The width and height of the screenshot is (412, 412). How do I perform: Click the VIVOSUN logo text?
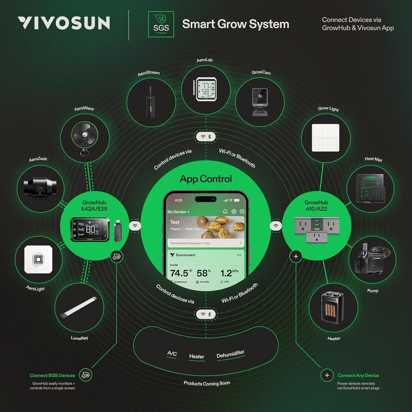tap(64, 23)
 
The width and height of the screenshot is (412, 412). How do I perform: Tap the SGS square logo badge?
tap(161, 24)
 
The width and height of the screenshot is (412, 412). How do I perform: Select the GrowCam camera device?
tap(260, 102)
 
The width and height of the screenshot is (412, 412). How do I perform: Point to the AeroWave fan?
tap(85, 136)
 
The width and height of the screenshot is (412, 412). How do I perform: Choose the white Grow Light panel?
tap(325, 138)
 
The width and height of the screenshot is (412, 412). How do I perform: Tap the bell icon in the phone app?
tap(225, 211)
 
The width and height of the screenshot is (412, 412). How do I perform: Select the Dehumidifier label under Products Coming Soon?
tap(230, 354)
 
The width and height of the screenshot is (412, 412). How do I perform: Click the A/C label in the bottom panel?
tap(172, 353)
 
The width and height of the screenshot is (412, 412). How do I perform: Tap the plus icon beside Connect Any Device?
tap(327, 375)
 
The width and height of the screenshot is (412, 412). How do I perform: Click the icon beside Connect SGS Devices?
tap(86, 375)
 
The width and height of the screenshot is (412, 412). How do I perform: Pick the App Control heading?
tap(206, 179)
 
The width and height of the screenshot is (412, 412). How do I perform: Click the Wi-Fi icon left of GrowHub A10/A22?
tap(276, 226)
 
